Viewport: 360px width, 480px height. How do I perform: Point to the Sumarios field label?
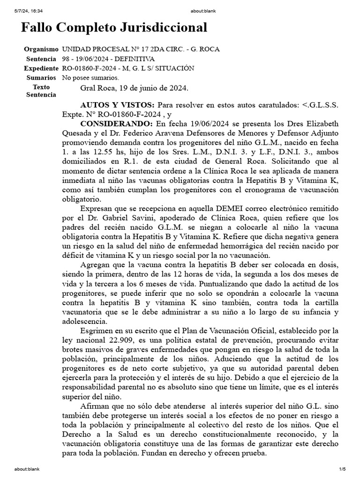[43, 77]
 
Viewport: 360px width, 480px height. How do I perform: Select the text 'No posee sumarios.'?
[90, 77]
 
